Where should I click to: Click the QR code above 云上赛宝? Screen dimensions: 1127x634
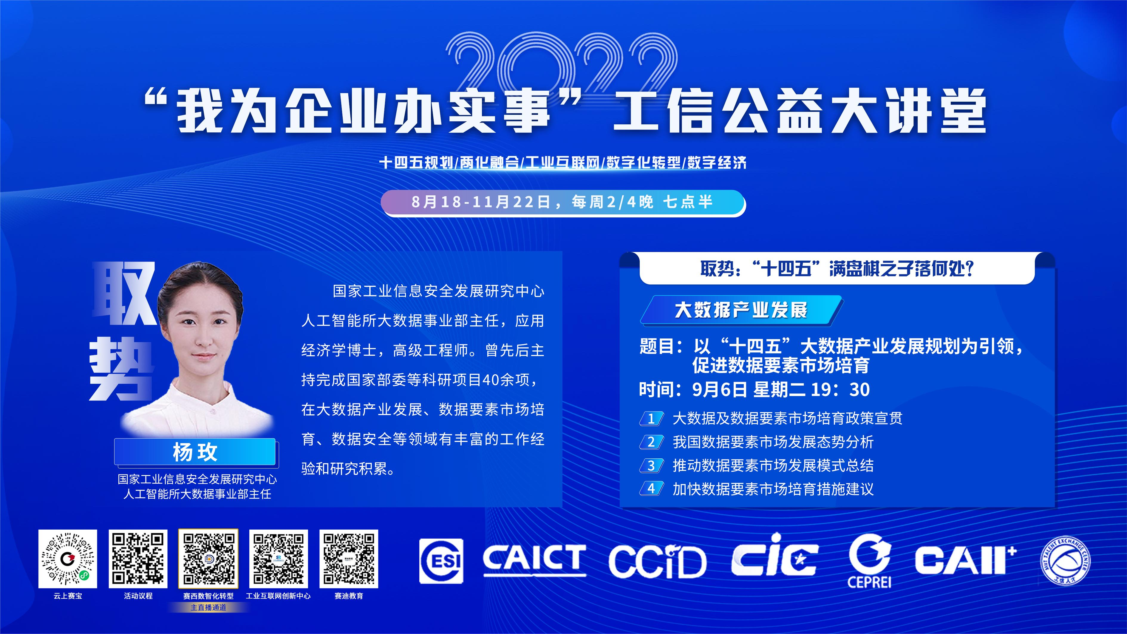[68, 559]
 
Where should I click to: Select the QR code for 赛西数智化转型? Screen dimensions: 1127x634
[208, 559]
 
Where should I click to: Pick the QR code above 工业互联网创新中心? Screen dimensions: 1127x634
[279, 559]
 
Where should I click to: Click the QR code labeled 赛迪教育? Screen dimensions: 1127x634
[349, 559]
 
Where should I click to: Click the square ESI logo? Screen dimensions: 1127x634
[441, 561]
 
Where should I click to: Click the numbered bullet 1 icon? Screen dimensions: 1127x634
[651, 418]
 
